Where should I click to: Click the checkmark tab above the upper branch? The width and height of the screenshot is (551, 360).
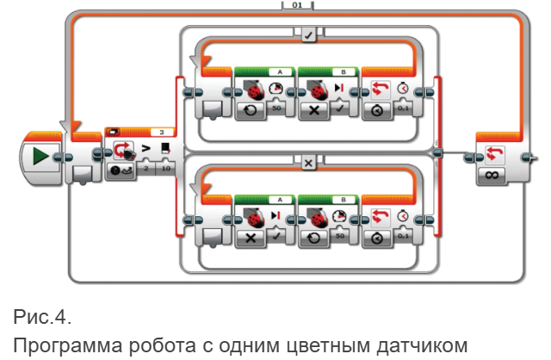click(308, 35)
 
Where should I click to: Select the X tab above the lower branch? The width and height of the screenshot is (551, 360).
click(308, 162)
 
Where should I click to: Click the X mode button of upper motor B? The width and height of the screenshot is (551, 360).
click(314, 112)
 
